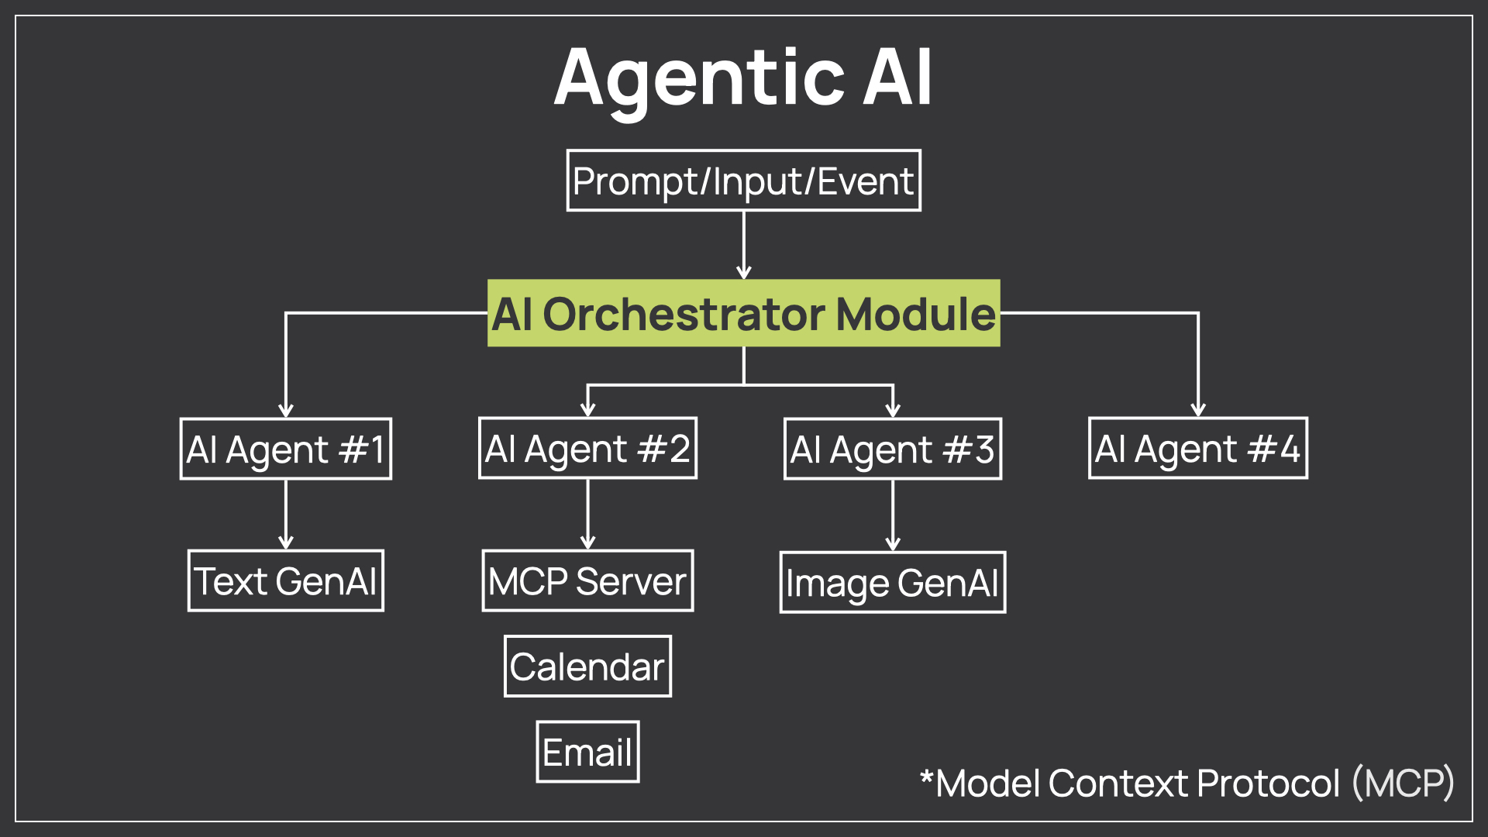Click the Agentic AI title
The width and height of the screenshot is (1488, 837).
[743, 77]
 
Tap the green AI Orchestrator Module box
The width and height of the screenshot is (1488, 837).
[744, 313]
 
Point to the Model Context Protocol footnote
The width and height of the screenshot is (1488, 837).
[1186, 784]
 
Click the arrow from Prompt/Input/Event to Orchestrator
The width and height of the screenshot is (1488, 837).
[744, 245]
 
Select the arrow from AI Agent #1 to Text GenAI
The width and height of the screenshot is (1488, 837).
[286, 515]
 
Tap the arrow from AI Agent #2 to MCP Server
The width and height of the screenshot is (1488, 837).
[588, 515]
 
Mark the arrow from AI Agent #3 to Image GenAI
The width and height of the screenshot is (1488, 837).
[893, 515]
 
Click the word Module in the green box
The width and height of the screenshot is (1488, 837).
[916, 314]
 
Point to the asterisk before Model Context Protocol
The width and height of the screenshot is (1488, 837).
[926, 775]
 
